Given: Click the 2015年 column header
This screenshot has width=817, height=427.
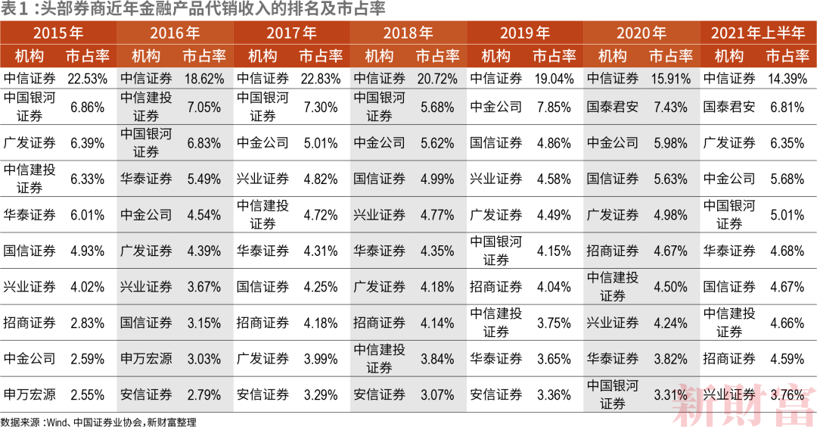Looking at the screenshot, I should (x=58, y=33).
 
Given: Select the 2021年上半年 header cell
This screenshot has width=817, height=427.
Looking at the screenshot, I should (x=758, y=33).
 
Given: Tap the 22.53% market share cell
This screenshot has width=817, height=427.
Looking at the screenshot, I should (x=87, y=79).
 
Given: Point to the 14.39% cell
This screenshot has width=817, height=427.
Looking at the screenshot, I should (x=787, y=79).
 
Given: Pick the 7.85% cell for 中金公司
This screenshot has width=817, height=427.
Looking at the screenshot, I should (x=554, y=107).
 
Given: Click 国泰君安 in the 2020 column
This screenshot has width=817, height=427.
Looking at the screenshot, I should (x=613, y=107).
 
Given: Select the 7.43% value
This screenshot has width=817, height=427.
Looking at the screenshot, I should (x=670, y=107).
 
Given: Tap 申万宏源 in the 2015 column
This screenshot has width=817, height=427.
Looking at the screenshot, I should (x=30, y=394).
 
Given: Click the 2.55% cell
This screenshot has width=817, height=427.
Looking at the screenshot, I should (x=87, y=394).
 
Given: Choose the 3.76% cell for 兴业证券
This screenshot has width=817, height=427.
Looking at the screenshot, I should (x=787, y=394).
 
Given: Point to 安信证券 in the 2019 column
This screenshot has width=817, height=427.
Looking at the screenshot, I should (x=496, y=394).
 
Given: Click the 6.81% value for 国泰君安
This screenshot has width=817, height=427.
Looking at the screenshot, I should (x=787, y=107).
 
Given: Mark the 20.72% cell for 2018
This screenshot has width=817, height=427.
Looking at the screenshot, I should (x=436, y=79).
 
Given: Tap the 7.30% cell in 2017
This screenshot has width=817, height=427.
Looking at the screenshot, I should (x=320, y=107).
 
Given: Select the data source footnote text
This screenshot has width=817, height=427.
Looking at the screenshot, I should (x=98, y=421).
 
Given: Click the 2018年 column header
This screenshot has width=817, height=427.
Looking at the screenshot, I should (x=408, y=33).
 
